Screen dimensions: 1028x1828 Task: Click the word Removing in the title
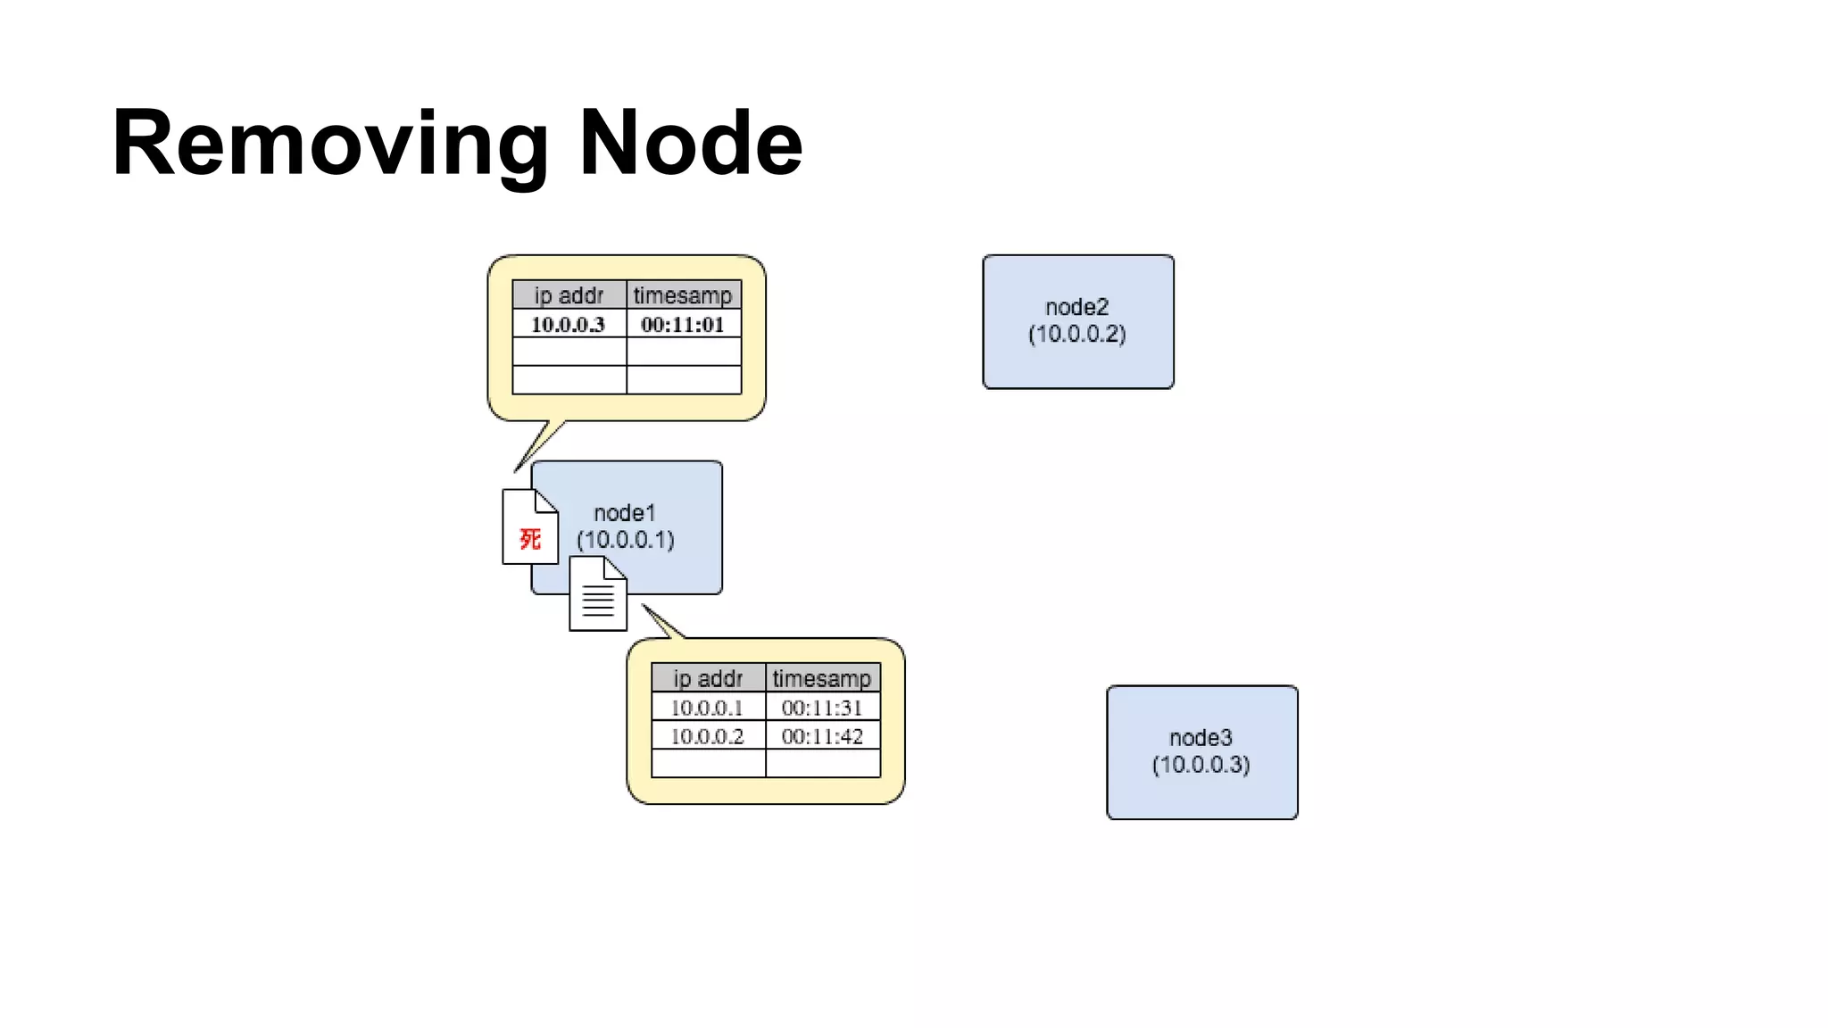330,143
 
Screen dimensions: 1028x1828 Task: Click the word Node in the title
691,143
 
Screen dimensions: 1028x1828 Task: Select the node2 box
1077,321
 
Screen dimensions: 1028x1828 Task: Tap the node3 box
1201,751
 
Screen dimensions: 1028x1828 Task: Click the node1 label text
625,513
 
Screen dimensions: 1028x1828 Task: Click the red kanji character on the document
530,539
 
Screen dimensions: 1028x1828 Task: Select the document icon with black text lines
598,596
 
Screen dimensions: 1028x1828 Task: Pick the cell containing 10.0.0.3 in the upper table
569,324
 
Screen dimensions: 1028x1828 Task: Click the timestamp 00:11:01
683,324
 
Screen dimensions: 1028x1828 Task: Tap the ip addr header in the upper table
569,295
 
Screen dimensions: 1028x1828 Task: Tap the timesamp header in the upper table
683,295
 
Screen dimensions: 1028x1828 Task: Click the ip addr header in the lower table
708,678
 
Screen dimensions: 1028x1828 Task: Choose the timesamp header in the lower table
822,678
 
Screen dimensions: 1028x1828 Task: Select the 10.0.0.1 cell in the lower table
707,708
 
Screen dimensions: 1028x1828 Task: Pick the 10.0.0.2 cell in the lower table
707,736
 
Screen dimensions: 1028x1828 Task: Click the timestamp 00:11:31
822,708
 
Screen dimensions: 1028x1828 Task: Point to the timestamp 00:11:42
822,736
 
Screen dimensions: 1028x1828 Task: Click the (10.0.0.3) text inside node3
1201,765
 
